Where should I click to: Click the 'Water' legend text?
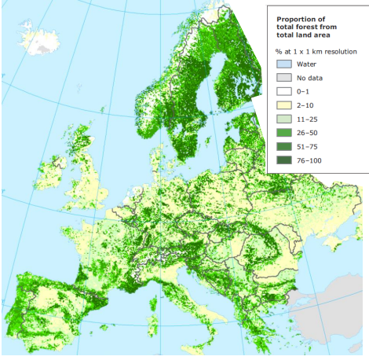306,64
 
